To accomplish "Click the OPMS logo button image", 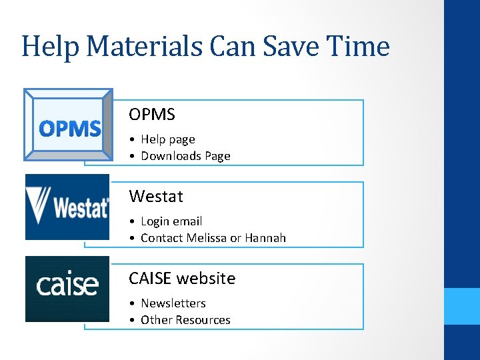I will (68, 125).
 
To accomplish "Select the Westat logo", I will (67, 207).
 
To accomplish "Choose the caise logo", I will (67, 289).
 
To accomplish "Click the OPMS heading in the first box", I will (152, 115).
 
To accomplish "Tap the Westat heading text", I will (156, 197).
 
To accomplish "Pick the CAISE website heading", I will (182, 278).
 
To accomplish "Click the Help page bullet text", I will (168, 139).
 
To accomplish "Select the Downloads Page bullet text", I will (185, 156).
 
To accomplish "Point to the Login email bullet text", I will (171, 221).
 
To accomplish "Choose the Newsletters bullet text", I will (173, 303).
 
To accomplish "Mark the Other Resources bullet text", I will (185, 320).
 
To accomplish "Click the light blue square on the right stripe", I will (462, 306).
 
